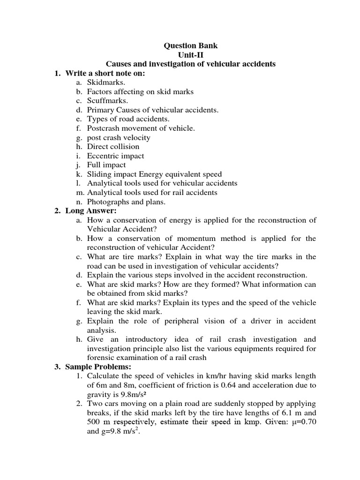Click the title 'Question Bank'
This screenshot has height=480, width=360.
pos(190,46)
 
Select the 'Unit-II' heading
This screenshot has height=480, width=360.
pos(190,55)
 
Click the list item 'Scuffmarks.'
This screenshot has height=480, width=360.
pos(107,101)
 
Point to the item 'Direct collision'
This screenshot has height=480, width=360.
pos(113,147)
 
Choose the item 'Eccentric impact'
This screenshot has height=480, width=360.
pos(115,156)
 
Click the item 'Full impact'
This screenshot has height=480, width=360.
pos(106,165)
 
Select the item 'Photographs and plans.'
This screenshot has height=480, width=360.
pos(126,202)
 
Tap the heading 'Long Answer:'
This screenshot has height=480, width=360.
pos(91,211)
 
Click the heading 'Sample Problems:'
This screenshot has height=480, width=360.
pos(98,367)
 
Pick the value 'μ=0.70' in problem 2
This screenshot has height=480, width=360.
pos(303,422)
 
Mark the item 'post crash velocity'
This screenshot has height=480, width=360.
pos(119,138)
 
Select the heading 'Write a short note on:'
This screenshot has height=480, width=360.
pos(105,73)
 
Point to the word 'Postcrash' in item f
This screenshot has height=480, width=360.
pos(103,128)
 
